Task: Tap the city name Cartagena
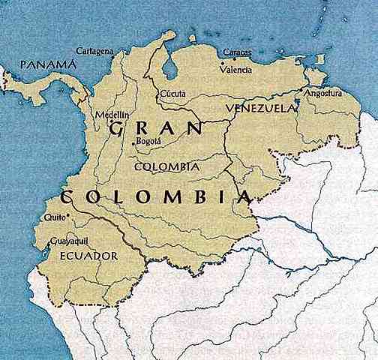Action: click(94, 51)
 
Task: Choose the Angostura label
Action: click(322, 94)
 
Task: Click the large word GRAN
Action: click(154, 129)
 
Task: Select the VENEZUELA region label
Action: click(258, 109)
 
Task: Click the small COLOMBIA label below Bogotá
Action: click(165, 166)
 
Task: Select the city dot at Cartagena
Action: click(115, 53)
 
